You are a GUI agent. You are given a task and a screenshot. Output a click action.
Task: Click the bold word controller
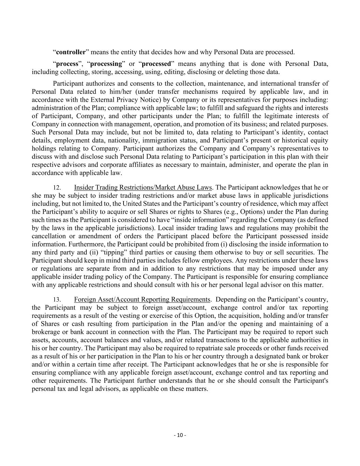pos(71,52)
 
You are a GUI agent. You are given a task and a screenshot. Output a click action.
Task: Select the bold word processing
pos(106,64)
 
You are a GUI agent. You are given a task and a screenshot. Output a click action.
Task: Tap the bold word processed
pos(156,64)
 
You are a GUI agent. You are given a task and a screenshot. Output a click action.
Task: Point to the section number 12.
pos(57,188)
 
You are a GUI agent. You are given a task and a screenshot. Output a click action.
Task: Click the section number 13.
pos(57,300)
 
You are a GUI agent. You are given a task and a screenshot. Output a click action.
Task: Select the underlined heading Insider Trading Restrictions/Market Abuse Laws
pos(143,187)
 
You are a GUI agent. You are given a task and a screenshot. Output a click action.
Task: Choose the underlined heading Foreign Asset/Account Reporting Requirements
pos(142,299)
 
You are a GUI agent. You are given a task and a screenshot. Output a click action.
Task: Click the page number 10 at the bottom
pos(180,435)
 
